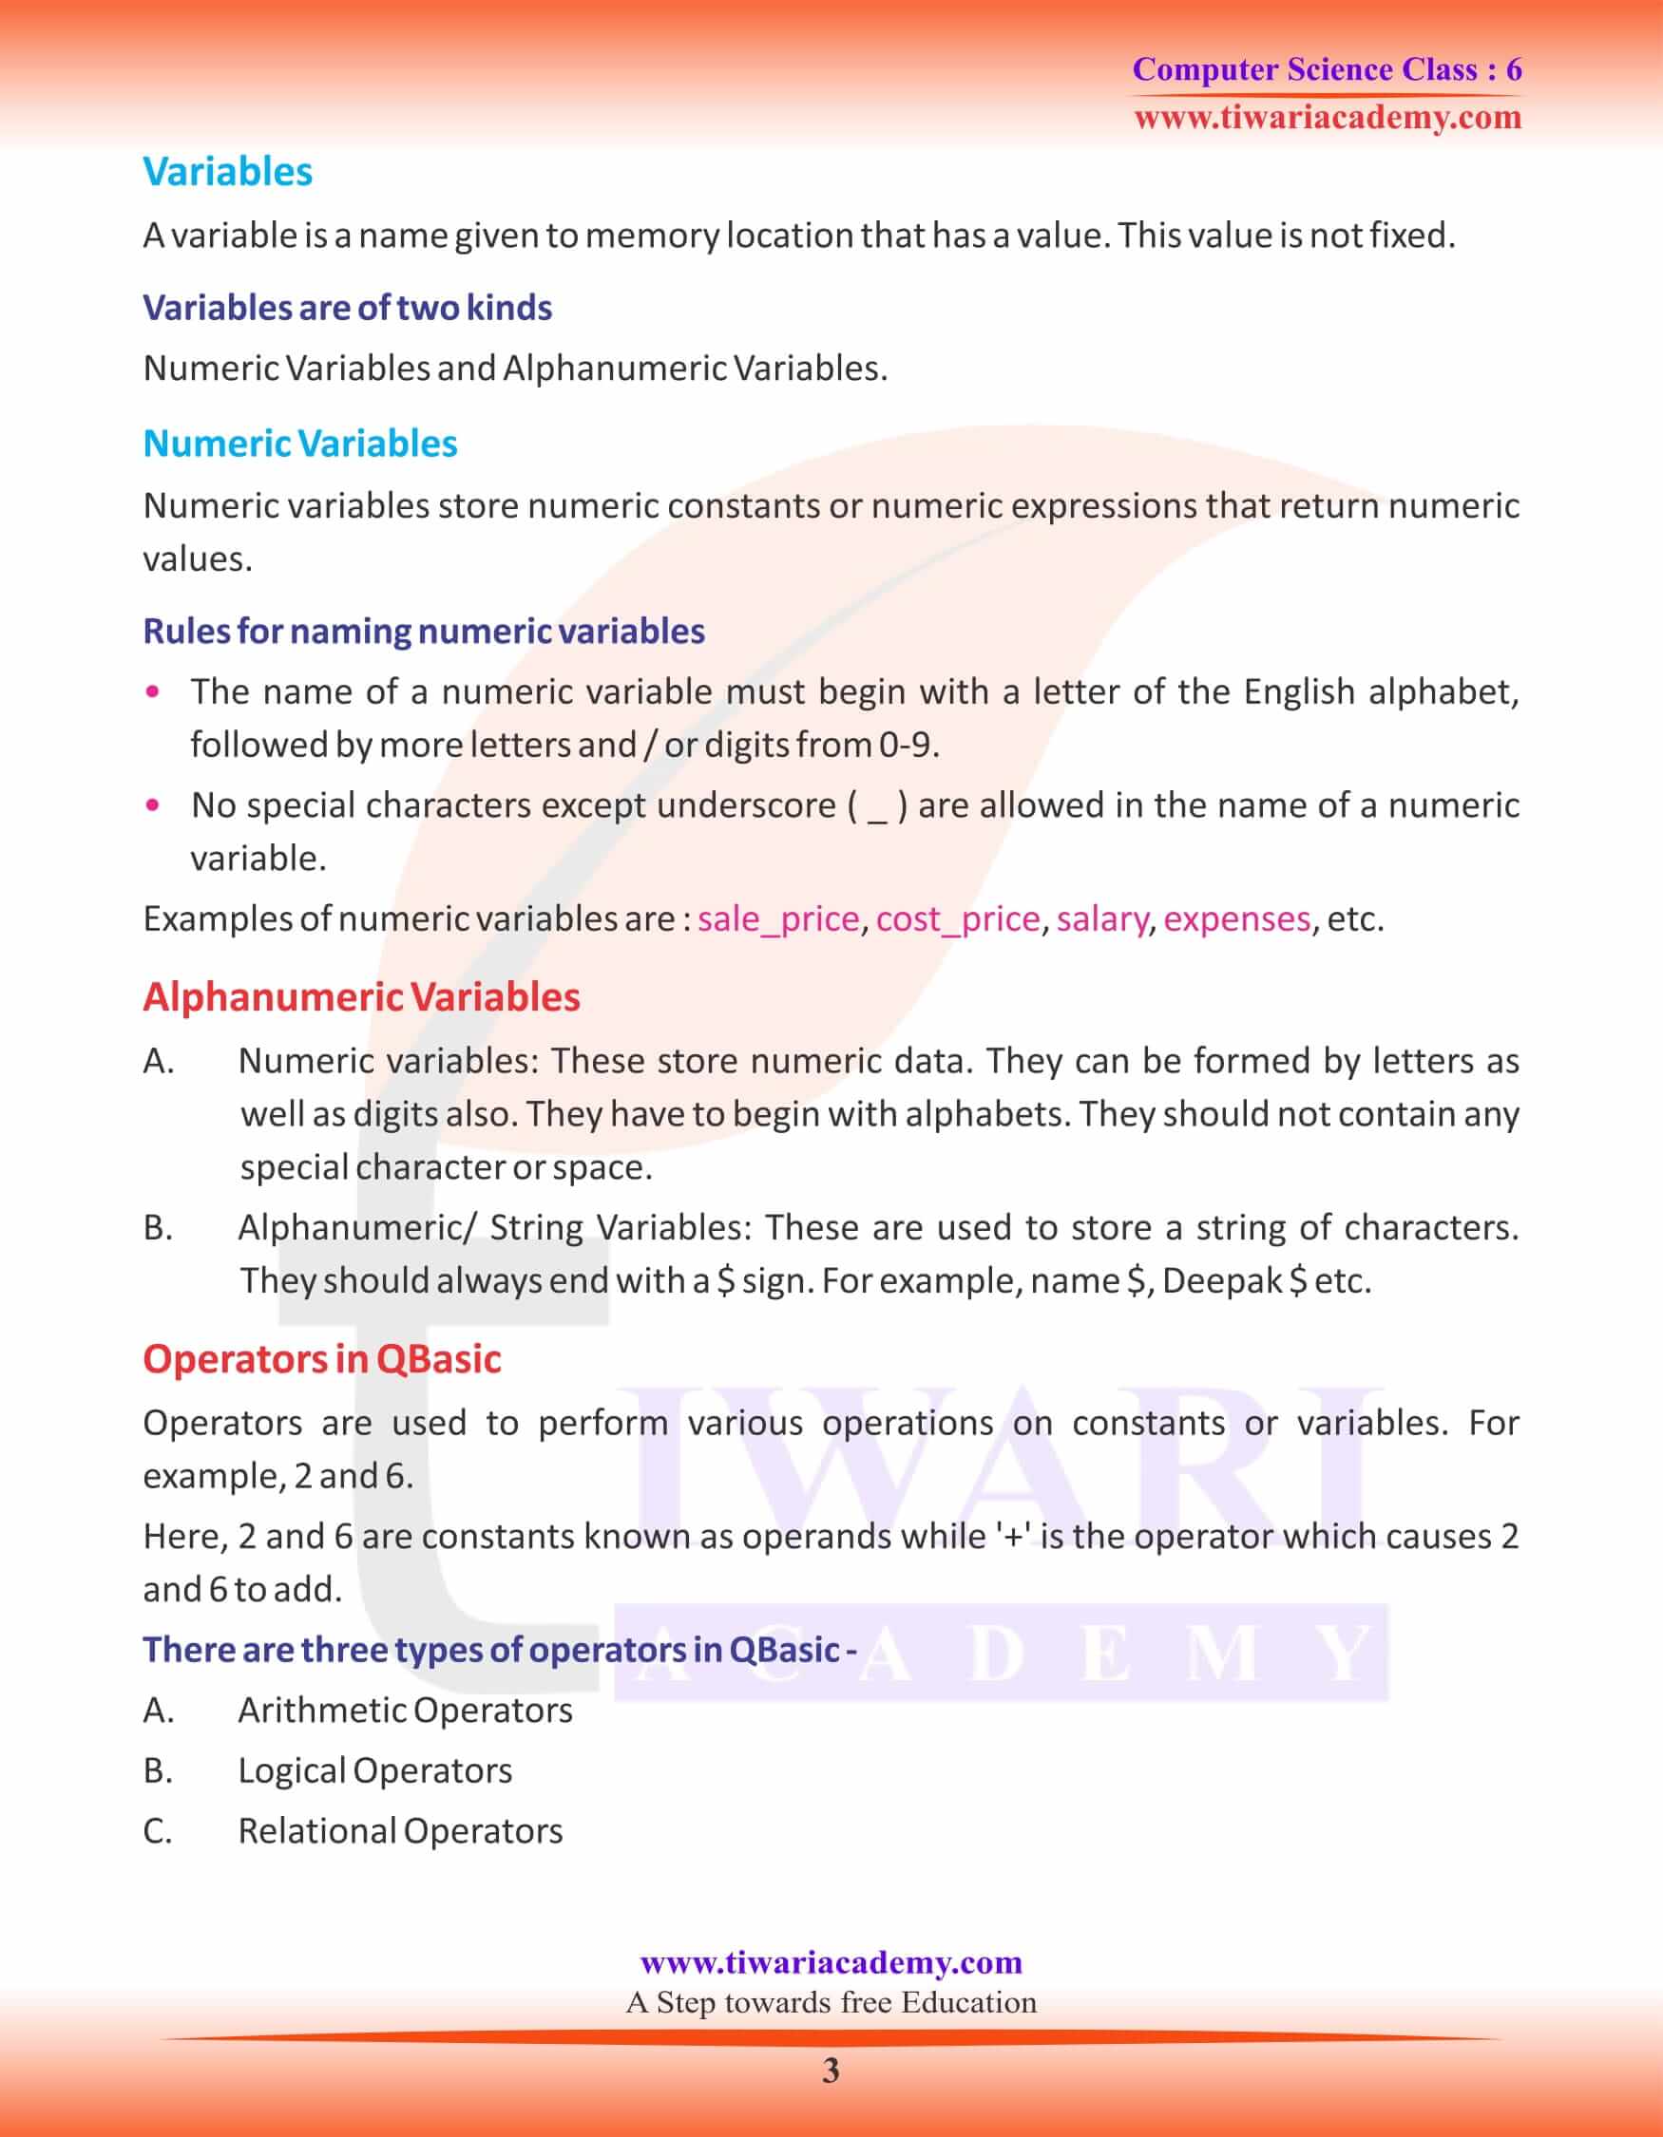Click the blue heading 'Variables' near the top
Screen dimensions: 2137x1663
pos(227,171)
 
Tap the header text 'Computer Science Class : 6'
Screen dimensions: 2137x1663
pos(1327,69)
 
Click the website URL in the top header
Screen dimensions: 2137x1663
pos(1328,118)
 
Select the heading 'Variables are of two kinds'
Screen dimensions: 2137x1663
pos(348,307)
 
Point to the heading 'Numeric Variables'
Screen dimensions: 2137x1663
pos(299,444)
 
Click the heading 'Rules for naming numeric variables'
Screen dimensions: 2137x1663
pos(424,631)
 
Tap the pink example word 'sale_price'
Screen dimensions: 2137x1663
pos(778,918)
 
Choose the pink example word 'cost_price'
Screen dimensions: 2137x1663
pos(957,918)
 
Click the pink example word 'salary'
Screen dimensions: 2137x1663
pos(1101,918)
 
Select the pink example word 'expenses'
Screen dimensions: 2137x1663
pos(1236,918)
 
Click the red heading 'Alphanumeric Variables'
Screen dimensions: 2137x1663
pos(361,997)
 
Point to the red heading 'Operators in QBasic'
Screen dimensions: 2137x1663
pos(322,1359)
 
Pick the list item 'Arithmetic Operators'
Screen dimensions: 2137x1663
pos(405,1710)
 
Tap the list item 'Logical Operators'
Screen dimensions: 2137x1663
pos(374,1770)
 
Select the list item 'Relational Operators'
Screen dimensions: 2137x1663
pos(400,1831)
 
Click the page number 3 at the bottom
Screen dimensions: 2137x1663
pos(831,2071)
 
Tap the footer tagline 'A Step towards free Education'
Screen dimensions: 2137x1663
pos(831,2002)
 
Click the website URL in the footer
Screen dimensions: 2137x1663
pos(831,1962)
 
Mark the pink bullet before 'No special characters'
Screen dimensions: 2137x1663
pos(152,805)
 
